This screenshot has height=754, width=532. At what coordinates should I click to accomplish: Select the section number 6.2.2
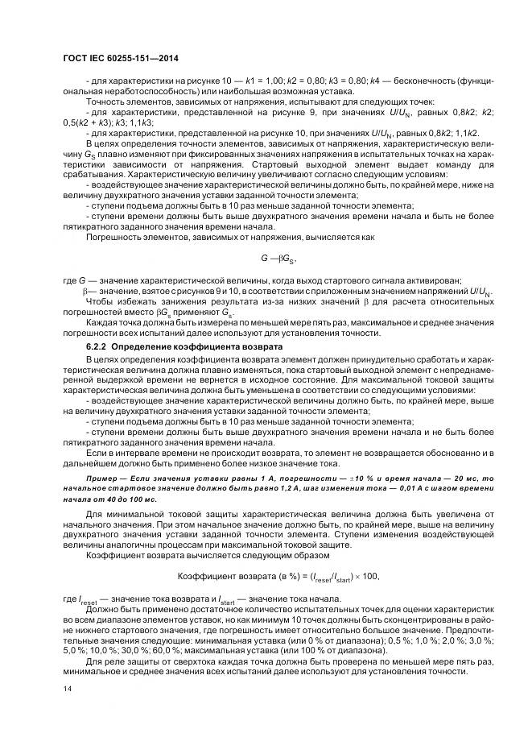coord(96,346)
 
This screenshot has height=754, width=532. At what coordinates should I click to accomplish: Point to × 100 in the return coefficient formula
coord(362,577)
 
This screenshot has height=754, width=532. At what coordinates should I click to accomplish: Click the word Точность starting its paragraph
coord(105,101)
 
